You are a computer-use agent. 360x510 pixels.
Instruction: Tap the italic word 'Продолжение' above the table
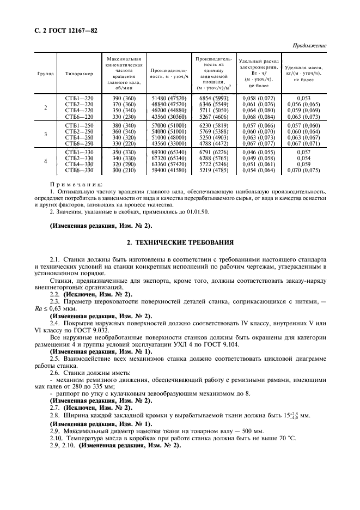click(309, 45)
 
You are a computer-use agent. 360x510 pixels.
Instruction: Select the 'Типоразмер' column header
click(80, 73)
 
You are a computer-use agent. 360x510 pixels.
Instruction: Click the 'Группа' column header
click(45, 73)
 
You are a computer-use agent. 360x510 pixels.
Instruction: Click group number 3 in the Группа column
click(45, 134)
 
